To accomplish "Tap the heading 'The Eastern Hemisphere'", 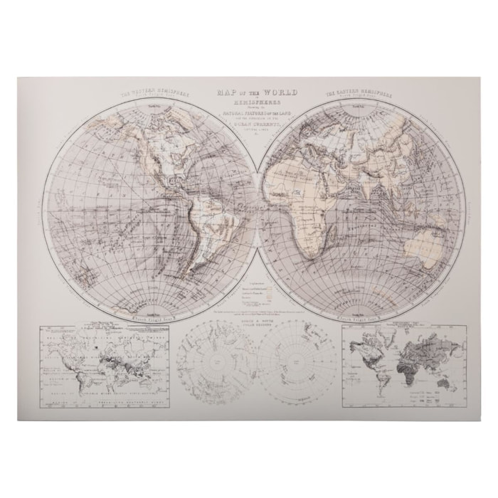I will click(x=359, y=95).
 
